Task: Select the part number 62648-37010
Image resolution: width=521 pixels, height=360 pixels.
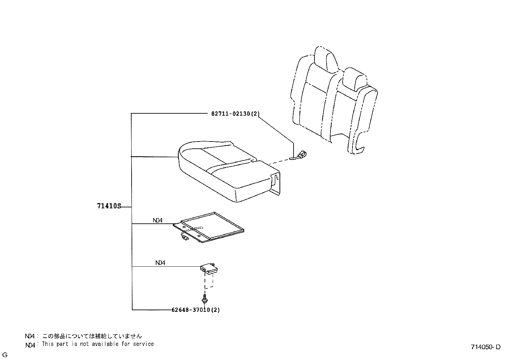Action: coord(195,310)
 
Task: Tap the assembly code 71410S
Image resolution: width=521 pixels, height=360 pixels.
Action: coord(109,206)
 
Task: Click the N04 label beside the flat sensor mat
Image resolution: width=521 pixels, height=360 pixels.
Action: coord(157,220)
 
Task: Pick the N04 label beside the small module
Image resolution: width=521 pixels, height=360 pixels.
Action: coord(160,263)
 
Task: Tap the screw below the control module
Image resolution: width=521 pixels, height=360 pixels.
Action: coord(205,298)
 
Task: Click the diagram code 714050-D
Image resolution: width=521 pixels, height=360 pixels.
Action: coord(486,347)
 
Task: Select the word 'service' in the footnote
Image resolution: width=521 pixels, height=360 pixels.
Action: coord(143,344)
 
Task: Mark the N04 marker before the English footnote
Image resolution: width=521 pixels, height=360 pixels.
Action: coord(30,345)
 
